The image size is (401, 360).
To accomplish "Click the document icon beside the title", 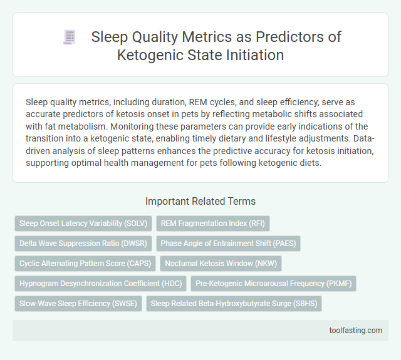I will pos(70,38).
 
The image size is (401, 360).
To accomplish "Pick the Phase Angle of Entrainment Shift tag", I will pos(228,243).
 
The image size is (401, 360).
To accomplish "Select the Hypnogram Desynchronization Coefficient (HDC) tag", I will pos(100,283).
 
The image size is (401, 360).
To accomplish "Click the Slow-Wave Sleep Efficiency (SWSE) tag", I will pos(78,303).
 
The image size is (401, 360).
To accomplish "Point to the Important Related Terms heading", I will pos(200,202).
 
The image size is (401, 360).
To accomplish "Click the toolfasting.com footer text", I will pos(356,331).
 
